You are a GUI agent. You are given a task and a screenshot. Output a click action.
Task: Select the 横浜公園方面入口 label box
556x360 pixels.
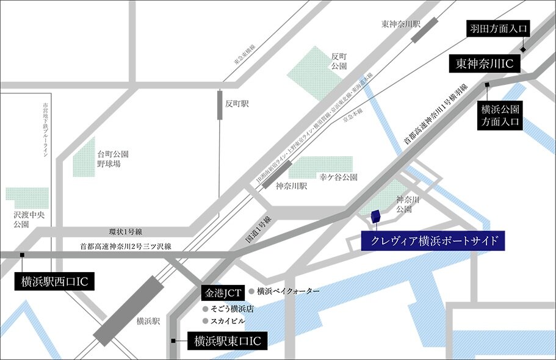point(500,115)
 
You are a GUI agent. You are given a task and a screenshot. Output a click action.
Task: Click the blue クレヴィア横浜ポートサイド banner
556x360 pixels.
point(433,241)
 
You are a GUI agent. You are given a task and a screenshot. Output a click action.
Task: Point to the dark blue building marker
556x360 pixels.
point(376,217)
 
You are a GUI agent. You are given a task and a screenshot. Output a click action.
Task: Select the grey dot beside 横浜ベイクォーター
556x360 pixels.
point(251,292)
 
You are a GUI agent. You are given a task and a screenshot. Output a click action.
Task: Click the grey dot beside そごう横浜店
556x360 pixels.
point(205,309)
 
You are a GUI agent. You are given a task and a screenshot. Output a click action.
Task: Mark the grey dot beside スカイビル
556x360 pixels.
point(205,320)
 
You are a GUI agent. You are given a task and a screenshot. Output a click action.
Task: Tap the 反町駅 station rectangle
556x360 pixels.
point(220,104)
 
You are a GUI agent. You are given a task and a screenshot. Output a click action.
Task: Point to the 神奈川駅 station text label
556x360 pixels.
point(289,187)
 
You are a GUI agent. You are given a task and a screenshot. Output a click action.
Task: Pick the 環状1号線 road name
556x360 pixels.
point(125,232)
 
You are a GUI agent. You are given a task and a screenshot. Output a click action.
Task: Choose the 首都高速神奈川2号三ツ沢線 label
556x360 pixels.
point(126,247)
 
